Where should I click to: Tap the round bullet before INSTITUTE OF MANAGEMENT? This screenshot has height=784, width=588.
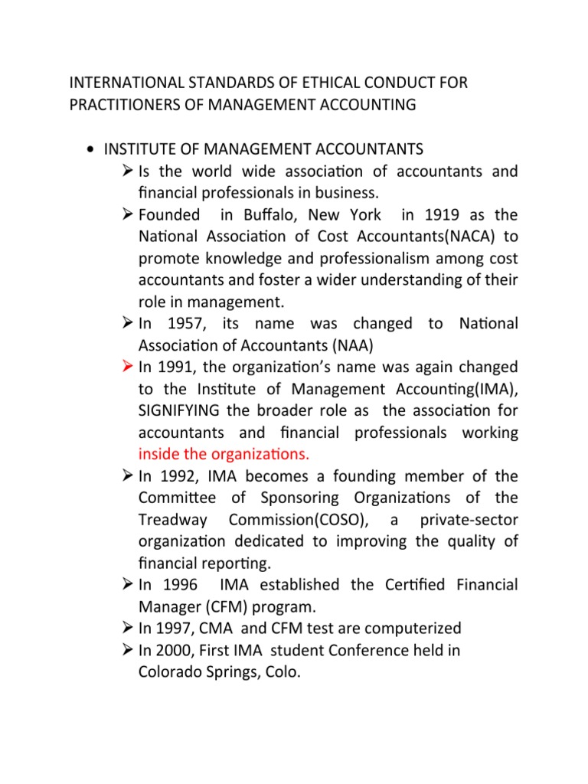coord(91,149)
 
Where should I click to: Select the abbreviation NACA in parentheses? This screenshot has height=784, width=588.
coord(439,237)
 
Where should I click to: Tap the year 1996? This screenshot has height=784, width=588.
coord(175,586)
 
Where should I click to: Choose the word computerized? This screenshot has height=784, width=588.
coord(407,629)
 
